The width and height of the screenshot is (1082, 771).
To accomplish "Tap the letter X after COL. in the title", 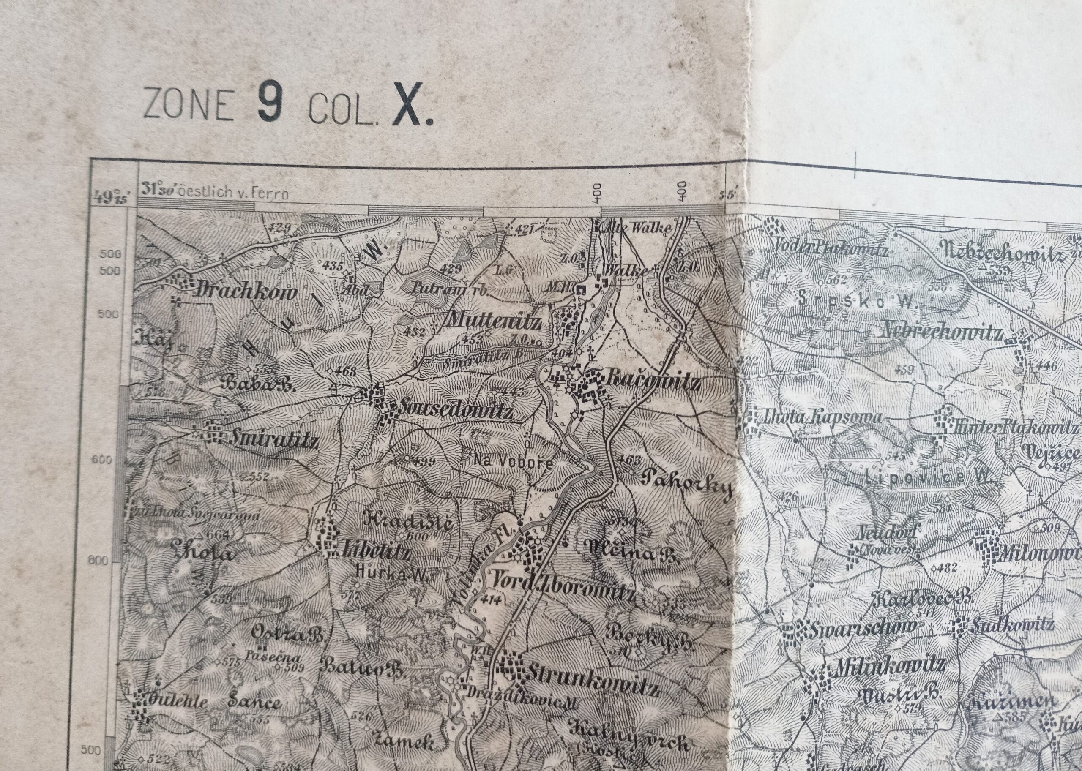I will tap(407, 108).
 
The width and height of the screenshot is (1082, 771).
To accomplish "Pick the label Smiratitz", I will tap(273, 441).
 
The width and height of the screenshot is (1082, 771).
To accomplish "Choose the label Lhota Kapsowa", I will tap(821, 418).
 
